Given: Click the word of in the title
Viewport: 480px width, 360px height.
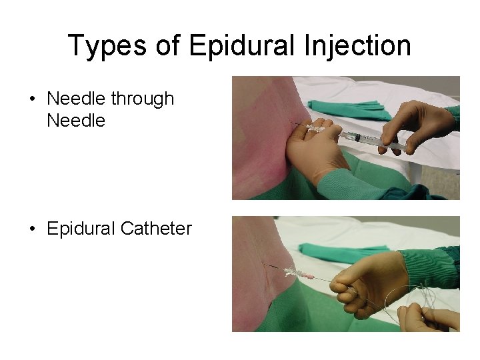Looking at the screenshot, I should [x=170, y=45].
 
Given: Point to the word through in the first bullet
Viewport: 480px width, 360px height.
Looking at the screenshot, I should [x=143, y=99].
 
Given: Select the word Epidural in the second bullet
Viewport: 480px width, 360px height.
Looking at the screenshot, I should [x=81, y=229].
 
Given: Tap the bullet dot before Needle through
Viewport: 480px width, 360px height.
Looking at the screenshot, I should [x=32, y=99].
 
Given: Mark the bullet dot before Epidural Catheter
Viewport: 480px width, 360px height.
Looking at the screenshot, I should [x=32, y=229].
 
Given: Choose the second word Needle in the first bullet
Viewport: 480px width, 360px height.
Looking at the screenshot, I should [x=76, y=120].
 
